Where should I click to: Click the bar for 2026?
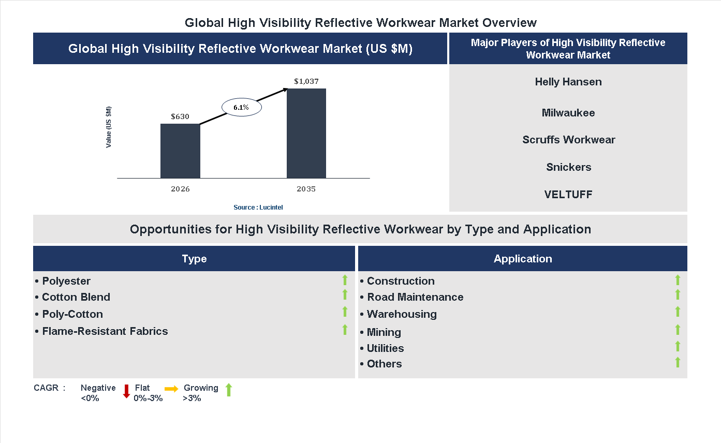coord(180,151)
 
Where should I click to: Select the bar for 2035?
coord(306,134)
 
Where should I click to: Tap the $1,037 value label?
coord(306,81)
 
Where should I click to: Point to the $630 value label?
coord(180,116)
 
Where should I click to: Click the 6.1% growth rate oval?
coord(241,108)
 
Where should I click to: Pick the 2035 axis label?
coord(306,189)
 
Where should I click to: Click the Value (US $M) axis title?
coord(109,127)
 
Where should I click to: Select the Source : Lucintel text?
coord(258,208)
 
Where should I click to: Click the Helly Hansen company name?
coord(568,82)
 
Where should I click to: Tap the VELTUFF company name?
coord(568,195)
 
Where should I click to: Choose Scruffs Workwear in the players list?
coord(568,140)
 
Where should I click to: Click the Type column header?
coord(194,259)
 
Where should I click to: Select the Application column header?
coord(523,259)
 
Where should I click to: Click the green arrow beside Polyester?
coord(345,280)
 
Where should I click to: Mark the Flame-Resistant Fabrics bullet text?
coord(105,331)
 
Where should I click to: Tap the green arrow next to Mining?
coord(678,330)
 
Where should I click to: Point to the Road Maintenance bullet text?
coord(415,297)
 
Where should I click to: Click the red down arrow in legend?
coord(126,391)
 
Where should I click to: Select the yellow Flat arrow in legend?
coord(171,389)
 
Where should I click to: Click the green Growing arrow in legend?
coord(229,390)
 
